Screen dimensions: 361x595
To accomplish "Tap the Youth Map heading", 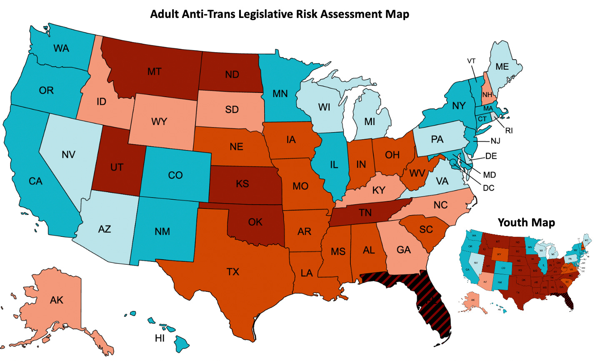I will click(526, 223).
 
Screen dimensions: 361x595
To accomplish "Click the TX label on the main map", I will click(233, 272).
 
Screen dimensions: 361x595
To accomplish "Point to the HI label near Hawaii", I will click(160, 338).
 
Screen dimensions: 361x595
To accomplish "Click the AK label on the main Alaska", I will click(57, 300).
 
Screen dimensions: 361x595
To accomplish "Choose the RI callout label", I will click(509, 130).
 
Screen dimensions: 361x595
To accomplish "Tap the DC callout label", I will click(488, 188).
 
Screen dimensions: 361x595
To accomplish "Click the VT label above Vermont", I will click(471, 61).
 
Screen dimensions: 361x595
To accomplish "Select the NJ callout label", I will click(495, 141).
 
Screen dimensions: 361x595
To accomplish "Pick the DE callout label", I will click(491, 156).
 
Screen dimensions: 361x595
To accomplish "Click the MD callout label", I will click(490, 175).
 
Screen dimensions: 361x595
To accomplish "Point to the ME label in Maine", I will click(502, 66).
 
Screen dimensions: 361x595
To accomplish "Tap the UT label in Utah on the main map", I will click(117, 167).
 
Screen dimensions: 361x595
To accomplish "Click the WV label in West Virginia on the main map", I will click(417, 173).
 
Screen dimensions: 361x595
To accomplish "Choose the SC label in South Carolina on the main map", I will click(426, 229).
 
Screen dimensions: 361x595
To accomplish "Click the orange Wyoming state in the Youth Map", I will click(499, 254).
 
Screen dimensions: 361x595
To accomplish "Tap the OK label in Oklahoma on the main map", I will click(255, 222).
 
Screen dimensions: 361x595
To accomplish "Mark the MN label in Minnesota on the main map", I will click(280, 94).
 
